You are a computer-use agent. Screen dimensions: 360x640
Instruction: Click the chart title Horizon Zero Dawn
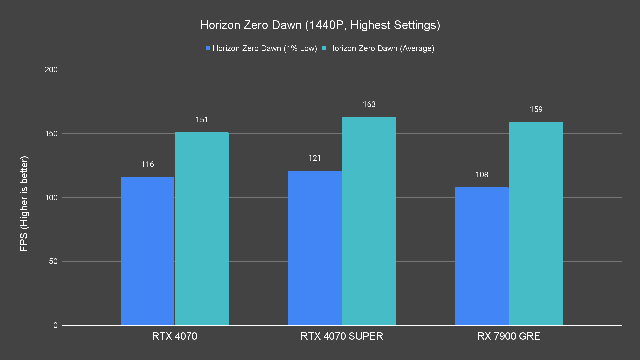[320, 25]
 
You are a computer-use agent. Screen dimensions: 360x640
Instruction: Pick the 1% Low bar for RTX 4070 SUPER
[315, 248]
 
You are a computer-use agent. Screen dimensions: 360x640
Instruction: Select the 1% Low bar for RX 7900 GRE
[482, 256]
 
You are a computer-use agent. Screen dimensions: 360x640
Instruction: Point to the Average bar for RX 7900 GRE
[536, 224]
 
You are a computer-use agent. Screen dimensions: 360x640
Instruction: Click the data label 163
[369, 104]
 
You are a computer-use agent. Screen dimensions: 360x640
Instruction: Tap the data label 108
[482, 175]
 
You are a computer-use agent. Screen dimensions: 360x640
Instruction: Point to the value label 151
[202, 120]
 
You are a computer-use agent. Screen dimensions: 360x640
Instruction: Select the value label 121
[315, 158]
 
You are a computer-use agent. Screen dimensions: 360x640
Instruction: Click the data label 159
[536, 109]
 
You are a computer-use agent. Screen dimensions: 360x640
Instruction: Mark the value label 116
[147, 164]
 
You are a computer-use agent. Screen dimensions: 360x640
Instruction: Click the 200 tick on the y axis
[51, 70]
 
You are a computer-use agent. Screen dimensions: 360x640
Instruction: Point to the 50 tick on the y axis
[53, 261]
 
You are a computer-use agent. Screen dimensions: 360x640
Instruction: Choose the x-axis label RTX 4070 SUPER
[342, 336]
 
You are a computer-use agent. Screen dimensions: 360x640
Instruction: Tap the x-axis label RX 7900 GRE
[509, 336]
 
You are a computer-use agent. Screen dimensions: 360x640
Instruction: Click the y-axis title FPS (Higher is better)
[24, 204]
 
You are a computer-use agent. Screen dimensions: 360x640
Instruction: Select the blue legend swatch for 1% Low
[208, 49]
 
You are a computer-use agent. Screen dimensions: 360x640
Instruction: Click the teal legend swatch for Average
[324, 49]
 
